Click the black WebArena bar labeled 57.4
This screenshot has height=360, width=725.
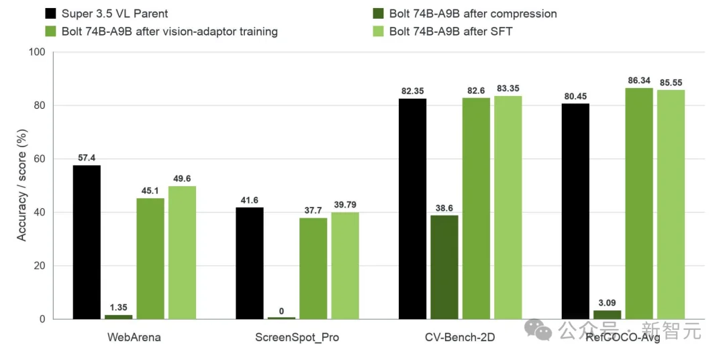(87, 242)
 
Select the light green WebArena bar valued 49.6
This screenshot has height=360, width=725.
(182, 253)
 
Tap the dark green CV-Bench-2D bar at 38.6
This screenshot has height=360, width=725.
(444, 267)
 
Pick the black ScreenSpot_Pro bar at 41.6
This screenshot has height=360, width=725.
(250, 263)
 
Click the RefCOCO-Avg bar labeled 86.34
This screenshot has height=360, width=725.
(639, 204)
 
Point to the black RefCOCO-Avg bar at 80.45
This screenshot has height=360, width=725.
(576, 212)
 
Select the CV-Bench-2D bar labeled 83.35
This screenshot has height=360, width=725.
(508, 208)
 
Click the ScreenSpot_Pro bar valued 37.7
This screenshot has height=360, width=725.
(313, 269)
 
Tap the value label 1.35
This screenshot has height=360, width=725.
(118, 307)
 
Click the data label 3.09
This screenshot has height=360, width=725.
(608, 303)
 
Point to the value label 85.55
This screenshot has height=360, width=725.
(671, 83)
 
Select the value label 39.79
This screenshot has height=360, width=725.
(345, 205)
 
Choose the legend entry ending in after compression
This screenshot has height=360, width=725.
(465, 13)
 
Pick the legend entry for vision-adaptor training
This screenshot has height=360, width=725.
(161, 32)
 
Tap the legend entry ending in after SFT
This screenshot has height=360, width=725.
(443, 32)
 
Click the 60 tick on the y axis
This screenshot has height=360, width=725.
(40, 159)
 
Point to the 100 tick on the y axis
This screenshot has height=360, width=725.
(37, 52)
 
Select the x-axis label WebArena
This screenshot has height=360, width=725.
(134, 337)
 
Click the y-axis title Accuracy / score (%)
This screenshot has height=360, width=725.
(21, 185)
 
